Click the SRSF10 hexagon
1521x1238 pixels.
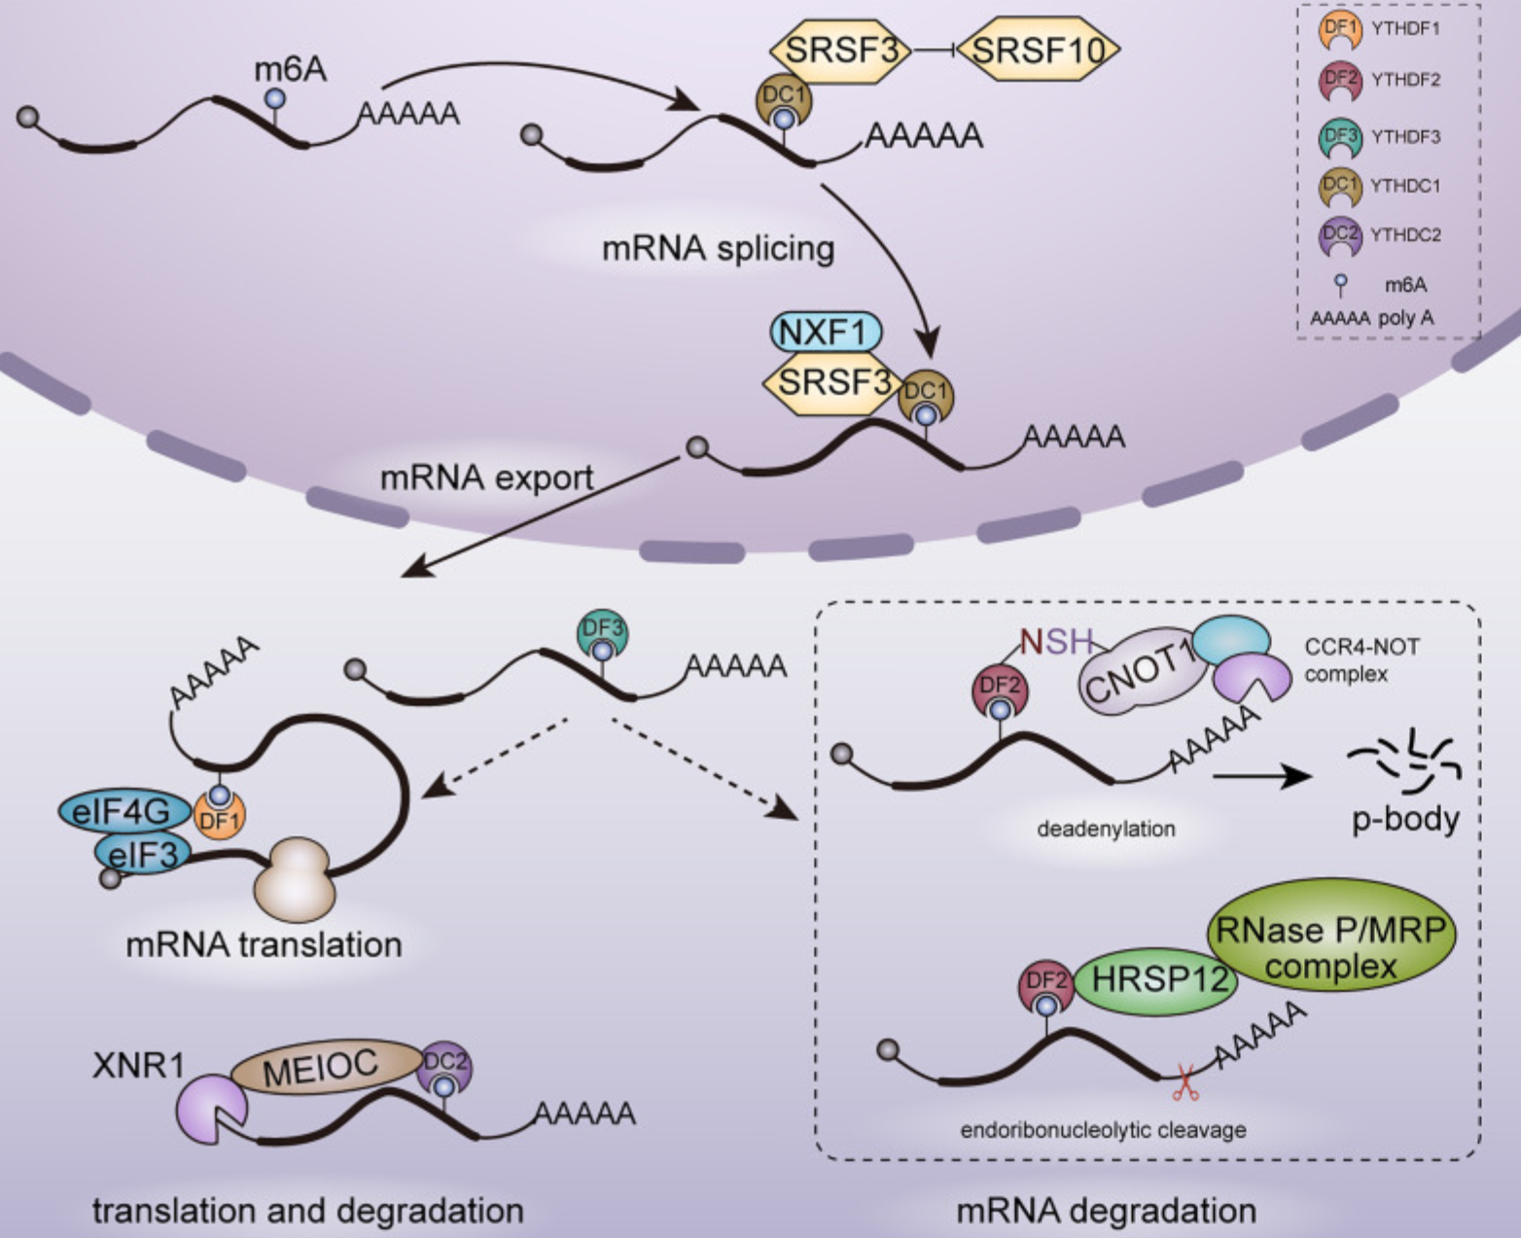click(1038, 50)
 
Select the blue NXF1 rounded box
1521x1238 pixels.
click(826, 333)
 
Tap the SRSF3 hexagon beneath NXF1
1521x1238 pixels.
click(832, 382)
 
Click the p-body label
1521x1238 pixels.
click(1405, 819)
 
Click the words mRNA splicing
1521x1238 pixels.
click(718, 249)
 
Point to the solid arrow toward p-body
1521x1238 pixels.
click(1261, 775)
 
